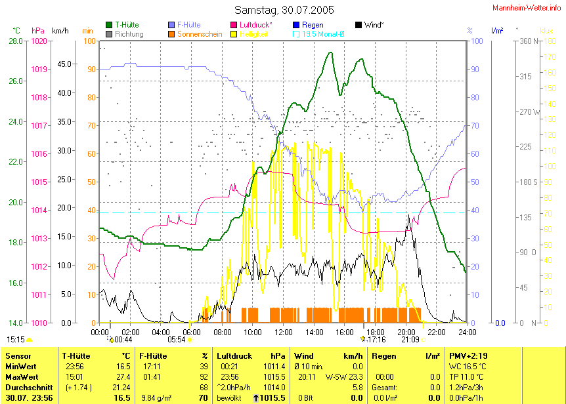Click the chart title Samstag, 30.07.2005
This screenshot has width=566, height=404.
pyautogui.click(x=284, y=10)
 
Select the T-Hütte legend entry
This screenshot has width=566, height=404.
pyautogui.click(x=127, y=25)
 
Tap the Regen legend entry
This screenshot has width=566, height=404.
pyautogui.click(x=312, y=25)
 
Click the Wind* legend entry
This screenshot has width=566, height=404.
pyautogui.click(x=374, y=25)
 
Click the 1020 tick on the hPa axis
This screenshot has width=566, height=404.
pyautogui.click(x=39, y=41)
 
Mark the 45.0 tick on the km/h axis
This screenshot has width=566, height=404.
pyautogui.click(x=64, y=64)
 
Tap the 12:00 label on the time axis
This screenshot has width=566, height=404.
pyautogui.click(x=283, y=333)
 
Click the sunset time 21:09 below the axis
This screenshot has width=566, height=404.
pyautogui.click(x=410, y=340)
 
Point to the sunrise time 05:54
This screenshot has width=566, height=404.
pyautogui.click(x=176, y=340)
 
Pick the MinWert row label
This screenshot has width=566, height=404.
pyautogui.click(x=21, y=366)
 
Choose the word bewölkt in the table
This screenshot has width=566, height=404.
pyautogui.click(x=229, y=398)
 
